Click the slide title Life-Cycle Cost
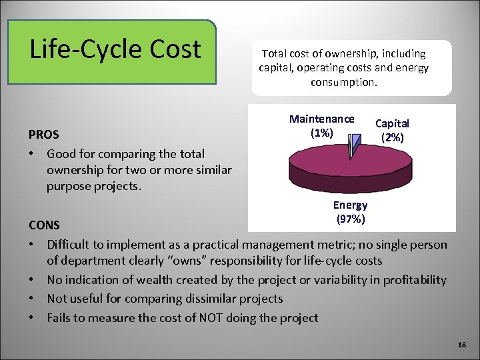[x=115, y=49]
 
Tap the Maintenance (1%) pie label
[x=321, y=125]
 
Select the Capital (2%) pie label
[x=392, y=130]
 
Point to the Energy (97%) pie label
[x=350, y=211]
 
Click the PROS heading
[x=43, y=134]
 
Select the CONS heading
[x=44, y=226]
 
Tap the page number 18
[x=461, y=344]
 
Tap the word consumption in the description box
[x=344, y=83]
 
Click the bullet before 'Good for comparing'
[x=32, y=154]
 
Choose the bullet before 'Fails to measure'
[x=32, y=317]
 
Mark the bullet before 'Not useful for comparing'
[x=32, y=299]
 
